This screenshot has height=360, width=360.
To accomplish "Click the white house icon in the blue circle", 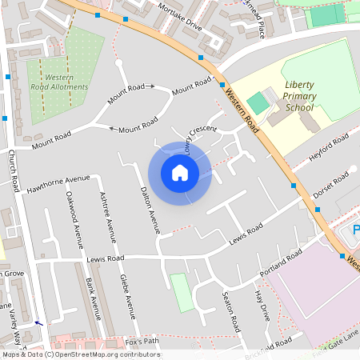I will coord(180,173).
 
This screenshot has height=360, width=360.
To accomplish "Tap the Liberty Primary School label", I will coord(299,96).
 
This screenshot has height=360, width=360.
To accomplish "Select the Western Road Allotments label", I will coord(59,82).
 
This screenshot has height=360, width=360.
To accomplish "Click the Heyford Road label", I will coord(329,148).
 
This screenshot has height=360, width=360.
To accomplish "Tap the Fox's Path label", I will coord(142,342).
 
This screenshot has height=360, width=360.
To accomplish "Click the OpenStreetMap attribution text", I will coord(80,354).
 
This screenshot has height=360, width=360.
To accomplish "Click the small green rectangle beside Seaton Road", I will coord(182,292).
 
